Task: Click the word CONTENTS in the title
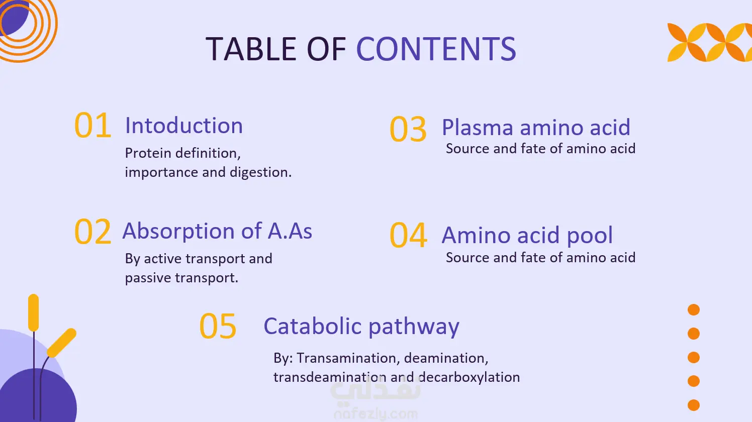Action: (x=436, y=49)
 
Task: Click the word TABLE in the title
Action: (x=251, y=49)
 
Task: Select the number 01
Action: (x=92, y=125)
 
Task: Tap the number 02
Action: (x=92, y=231)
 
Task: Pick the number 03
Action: (x=408, y=129)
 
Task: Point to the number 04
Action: (x=408, y=235)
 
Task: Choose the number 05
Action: (x=218, y=326)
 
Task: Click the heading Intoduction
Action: (x=183, y=126)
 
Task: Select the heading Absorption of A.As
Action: (x=217, y=231)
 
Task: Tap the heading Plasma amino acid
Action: (x=536, y=128)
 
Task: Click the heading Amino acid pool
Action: (x=527, y=235)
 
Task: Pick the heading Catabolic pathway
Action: (x=361, y=326)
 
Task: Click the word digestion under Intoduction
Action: (x=260, y=172)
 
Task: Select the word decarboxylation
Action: (x=469, y=377)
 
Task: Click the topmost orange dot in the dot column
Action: (x=694, y=309)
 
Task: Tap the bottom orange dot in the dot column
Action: (x=694, y=405)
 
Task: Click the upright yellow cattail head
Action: (x=33, y=312)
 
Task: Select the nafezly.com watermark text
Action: (x=375, y=414)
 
